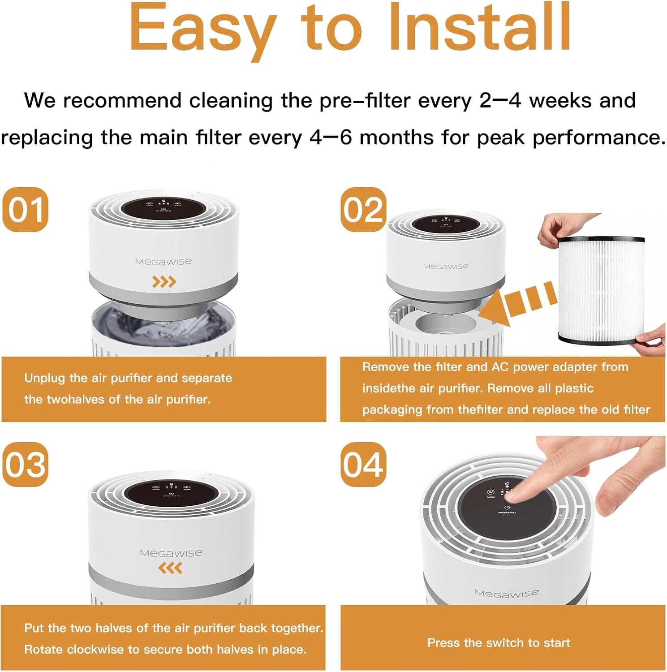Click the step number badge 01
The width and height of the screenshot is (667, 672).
click(26, 210)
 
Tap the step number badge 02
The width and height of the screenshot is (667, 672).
click(363, 210)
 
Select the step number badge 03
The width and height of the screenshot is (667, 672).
click(26, 465)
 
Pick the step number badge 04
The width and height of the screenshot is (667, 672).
click(363, 465)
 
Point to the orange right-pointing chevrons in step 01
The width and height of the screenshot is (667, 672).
click(164, 282)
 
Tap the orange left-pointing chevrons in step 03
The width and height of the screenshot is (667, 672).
click(170, 568)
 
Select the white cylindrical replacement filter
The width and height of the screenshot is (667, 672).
click(601, 290)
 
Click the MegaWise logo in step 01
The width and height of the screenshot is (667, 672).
click(164, 262)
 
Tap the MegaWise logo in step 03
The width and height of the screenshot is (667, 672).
click(171, 553)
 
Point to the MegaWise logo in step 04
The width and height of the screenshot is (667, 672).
click(507, 594)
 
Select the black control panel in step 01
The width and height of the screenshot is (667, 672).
click(164, 208)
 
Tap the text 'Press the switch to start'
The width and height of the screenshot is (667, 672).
click(499, 643)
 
